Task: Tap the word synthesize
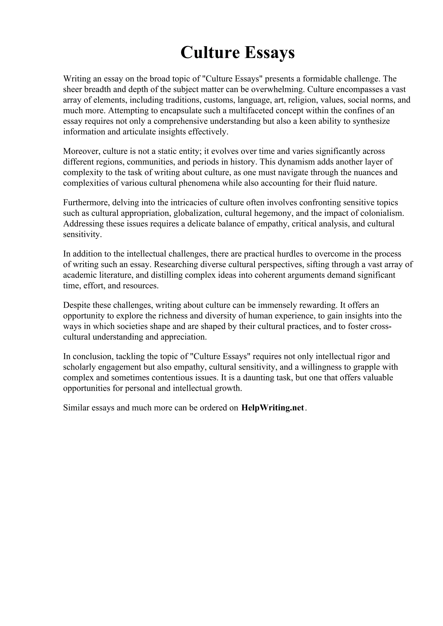[371, 121]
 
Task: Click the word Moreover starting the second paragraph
[81, 151]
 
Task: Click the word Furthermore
[85, 203]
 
